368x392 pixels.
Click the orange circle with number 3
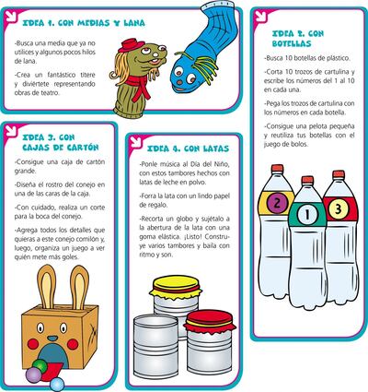(338, 208)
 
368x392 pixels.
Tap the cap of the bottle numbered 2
(276, 169)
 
